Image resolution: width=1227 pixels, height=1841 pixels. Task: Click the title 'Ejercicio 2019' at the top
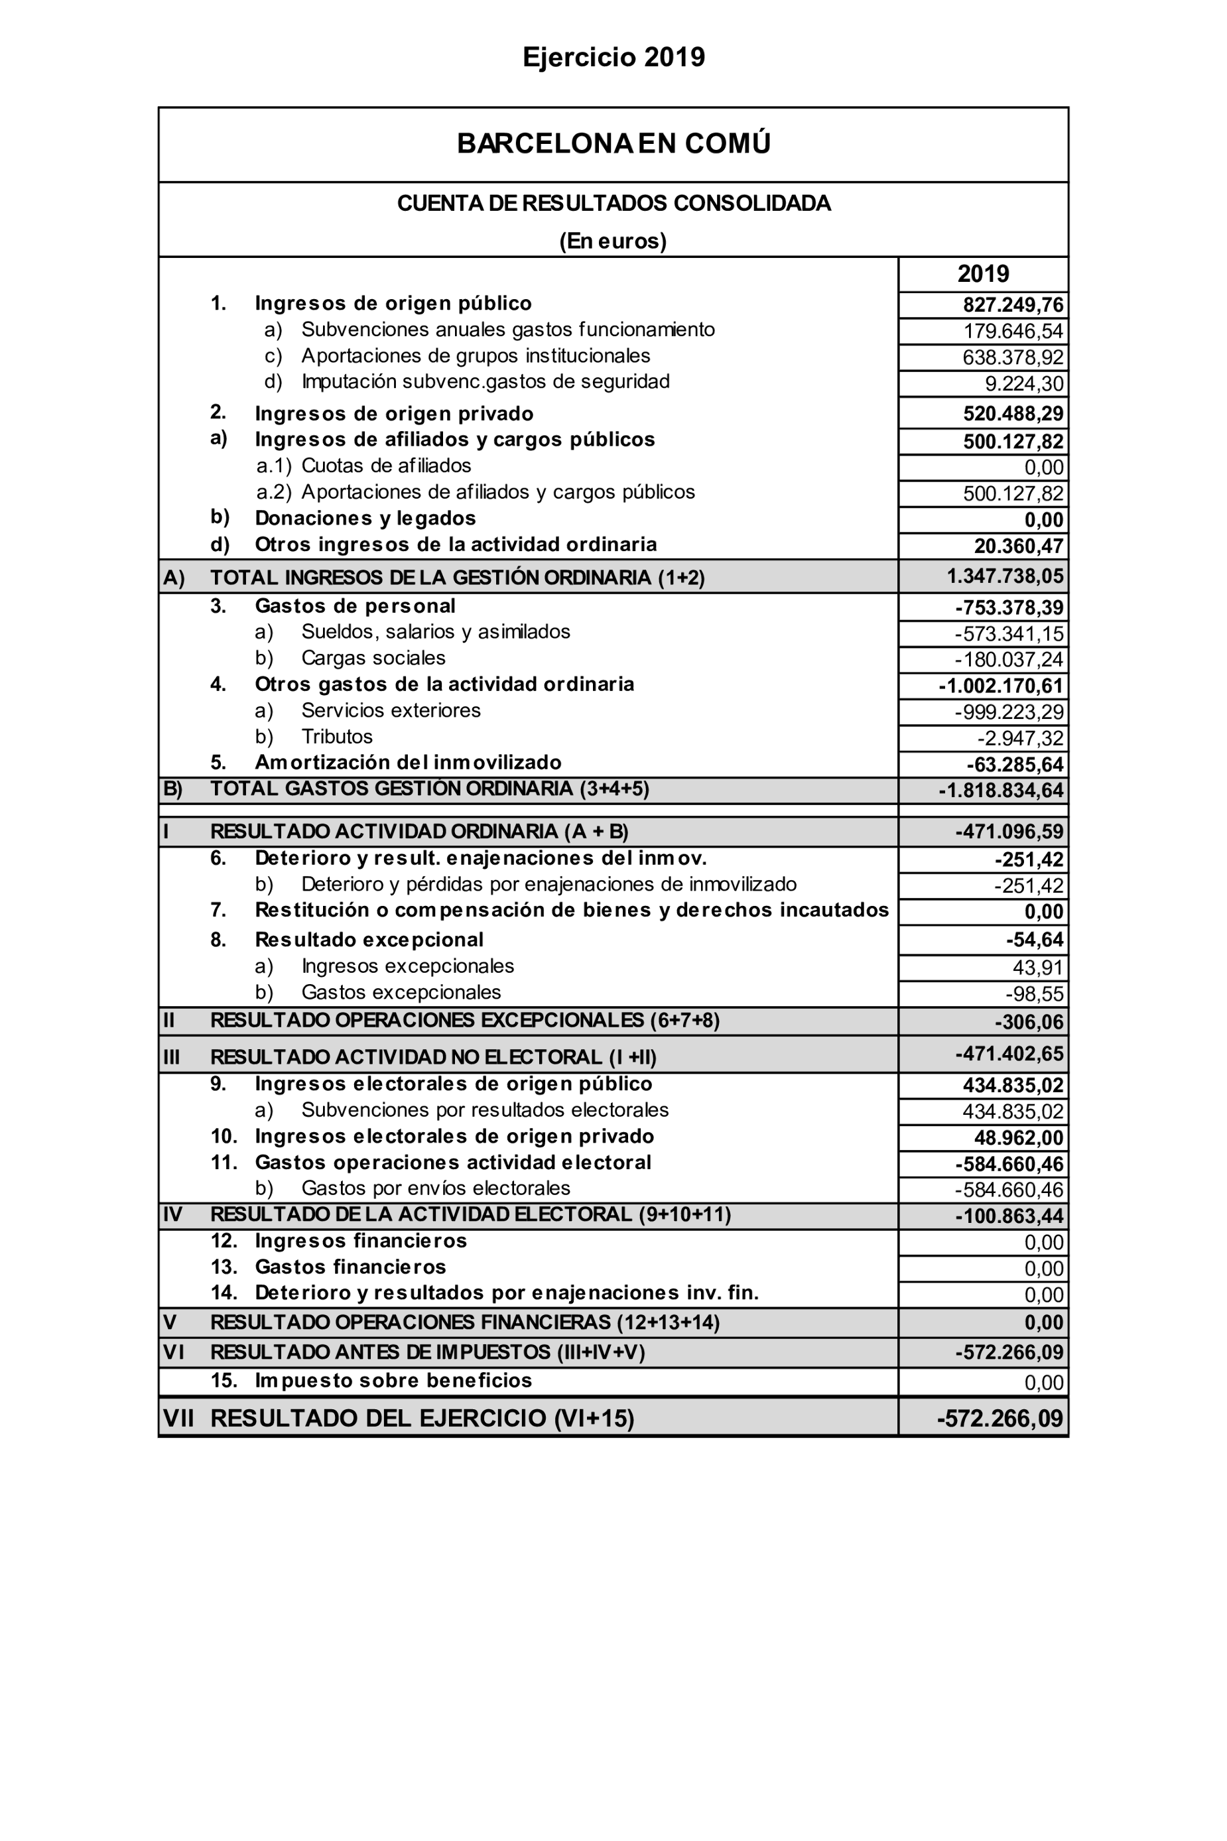click(x=613, y=57)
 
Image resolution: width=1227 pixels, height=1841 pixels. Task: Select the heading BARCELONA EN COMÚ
click(x=613, y=143)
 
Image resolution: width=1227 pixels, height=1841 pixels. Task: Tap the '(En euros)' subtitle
click(x=613, y=241)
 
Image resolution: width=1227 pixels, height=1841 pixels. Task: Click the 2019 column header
click(x=983, y=274)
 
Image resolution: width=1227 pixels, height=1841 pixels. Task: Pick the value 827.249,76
click(x=1013, y=305)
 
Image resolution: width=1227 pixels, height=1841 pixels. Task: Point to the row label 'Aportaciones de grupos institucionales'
click(x=475, y=356)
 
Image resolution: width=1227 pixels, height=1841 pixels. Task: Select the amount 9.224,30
click(x=1023, y=384)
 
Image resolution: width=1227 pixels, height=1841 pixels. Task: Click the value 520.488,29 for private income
click(x=1013, y=414)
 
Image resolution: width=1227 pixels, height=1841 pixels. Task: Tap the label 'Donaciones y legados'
click(x=365, y=518)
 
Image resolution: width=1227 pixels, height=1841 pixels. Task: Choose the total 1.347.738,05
click(x=1005, y=576)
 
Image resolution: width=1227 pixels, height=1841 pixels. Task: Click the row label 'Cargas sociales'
click(x=373, y=658)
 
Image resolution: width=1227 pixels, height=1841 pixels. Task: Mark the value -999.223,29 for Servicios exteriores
click(x=1009, y=713)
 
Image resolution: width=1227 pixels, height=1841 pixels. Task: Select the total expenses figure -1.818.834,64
click(x=1001, y=791)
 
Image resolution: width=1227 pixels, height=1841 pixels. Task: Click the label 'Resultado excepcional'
click(x=369, y=940)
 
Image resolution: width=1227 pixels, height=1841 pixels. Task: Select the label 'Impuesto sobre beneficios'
click(x=393, y=1380)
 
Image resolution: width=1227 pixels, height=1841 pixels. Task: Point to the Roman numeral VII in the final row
click(x=178, y=1419)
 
